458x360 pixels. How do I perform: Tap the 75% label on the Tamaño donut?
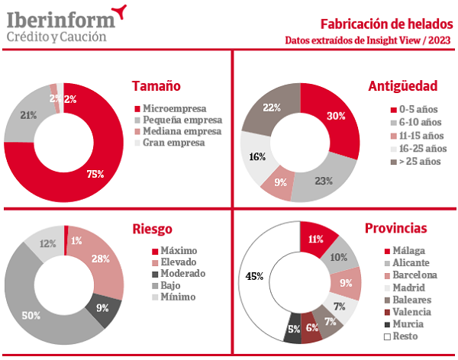tap(95, 174)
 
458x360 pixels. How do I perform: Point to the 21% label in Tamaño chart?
tap(29, 115)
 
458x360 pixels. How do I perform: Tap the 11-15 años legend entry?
tap(417, 135)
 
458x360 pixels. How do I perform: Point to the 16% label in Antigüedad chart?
tap(256, 157)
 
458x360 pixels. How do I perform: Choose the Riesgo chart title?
tap(152, 228)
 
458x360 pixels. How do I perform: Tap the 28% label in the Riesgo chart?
tap(100, 259)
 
